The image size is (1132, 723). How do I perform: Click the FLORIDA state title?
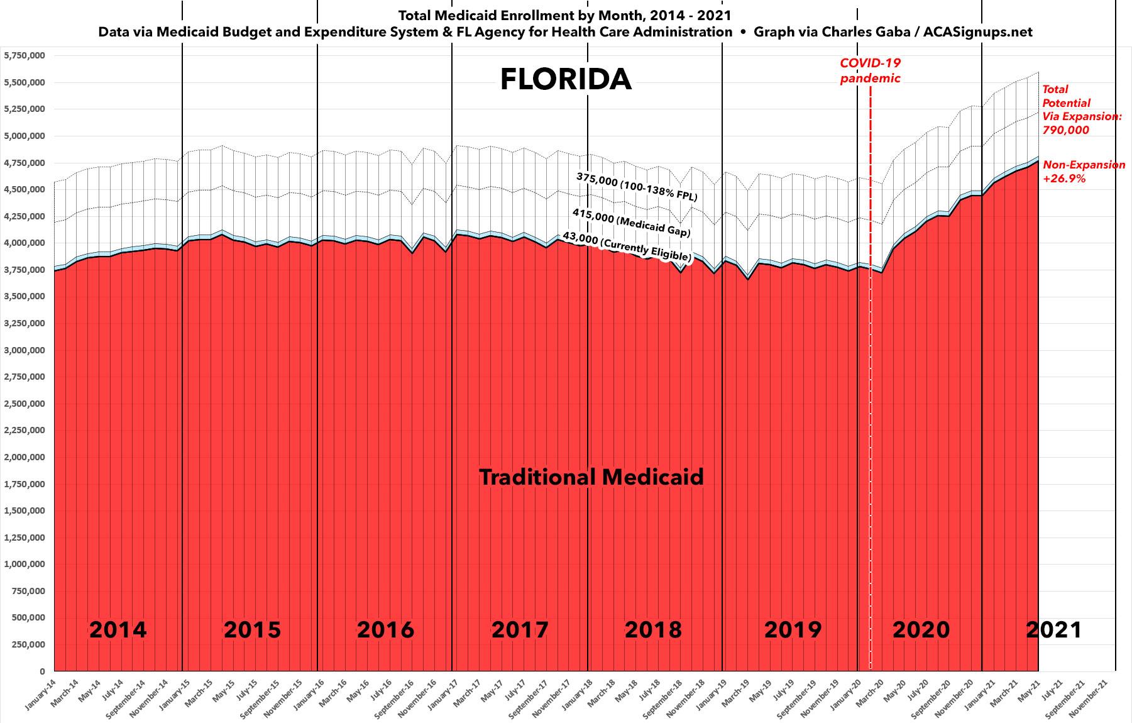point(566,80)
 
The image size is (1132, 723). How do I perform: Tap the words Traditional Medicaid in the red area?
point(591,477)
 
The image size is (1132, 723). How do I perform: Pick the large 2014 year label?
point(118,629)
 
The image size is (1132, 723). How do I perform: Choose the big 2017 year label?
point(520,629)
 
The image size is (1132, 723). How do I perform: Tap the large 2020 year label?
point(921,629)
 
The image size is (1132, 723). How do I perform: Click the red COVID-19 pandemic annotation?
point(871,70)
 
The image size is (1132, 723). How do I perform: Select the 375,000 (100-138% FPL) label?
point(636,187)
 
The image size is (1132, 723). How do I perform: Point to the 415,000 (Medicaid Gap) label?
point(631,224)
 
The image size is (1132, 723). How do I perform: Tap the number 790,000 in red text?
point(1066,130)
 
